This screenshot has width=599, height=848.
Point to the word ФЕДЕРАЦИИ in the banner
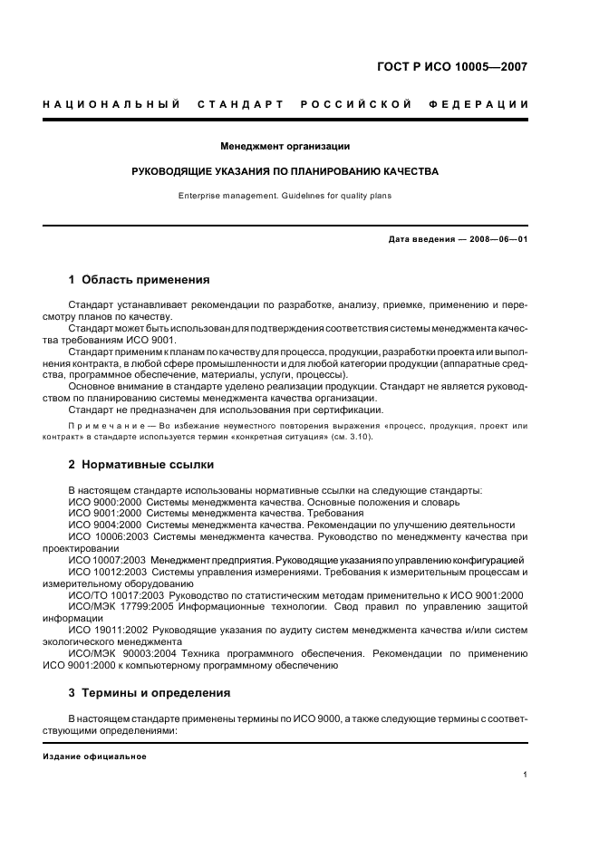pyautogui.click(x=487, y=104)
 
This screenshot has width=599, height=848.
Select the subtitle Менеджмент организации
pyautogui.click(x=285, y=146)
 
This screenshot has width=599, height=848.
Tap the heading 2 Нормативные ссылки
pyautogui.click(x=141, y=465)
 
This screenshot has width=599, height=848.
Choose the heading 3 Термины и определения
pyautogui.click(x=149, y=693)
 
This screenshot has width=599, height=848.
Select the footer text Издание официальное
pyautogui.click(x=89, y=756)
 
